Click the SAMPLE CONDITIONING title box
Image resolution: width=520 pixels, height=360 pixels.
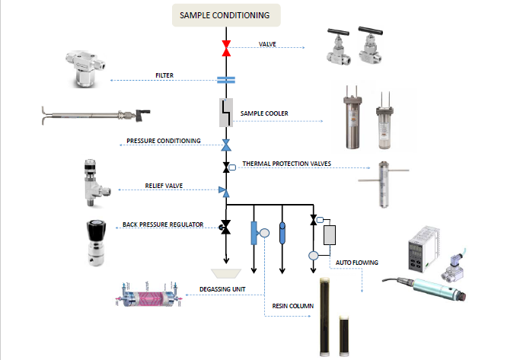coord(225,14)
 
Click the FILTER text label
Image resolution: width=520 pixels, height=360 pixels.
coord(165,75)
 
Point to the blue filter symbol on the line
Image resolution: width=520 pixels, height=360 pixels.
coord(225,78)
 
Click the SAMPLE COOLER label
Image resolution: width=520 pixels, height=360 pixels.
coord(264,113)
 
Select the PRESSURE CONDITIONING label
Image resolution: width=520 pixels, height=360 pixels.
coord(164,141)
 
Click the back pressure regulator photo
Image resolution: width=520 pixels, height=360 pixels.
coord(98,243)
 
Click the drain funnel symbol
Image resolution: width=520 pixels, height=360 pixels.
coord(225,270)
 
